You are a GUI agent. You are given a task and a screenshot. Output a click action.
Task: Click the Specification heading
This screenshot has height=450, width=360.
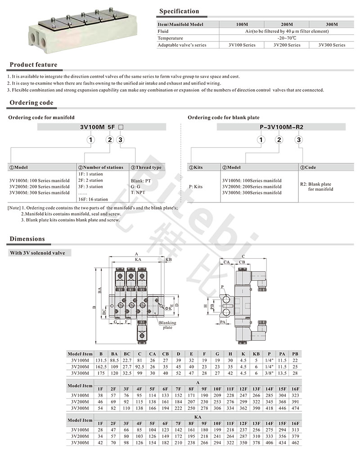pyautogui.click(x=179, y=11)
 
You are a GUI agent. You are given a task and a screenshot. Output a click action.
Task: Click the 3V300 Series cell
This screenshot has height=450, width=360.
pyautogui.click(x=332, y=45)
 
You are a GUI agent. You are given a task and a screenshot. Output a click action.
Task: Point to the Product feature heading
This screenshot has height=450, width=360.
pyautogui.click(x=33, y=65)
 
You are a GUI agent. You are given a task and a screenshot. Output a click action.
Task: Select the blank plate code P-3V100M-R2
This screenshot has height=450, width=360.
pyautogui.click(x=282, y=127)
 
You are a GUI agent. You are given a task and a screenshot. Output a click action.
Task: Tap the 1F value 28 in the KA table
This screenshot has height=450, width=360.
pyautogui.click(x=100, y=430)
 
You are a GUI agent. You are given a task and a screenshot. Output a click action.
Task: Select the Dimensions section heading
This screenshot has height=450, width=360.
pyautogui.click(x=27, y=239)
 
